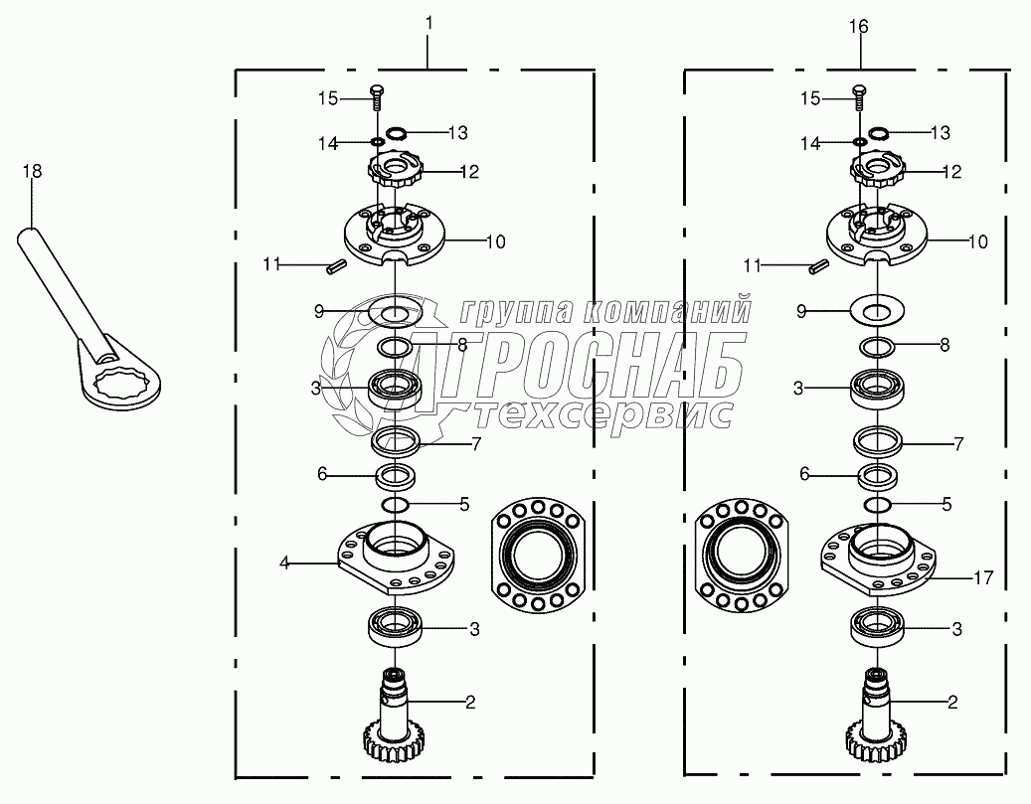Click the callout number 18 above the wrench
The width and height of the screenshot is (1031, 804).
pos(32,171)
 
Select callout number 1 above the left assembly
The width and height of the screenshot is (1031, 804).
pos(429,24)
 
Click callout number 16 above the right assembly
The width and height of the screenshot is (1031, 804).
pos(859,26)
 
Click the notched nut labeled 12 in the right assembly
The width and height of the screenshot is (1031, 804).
pos(876,168)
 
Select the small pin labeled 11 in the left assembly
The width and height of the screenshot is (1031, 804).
pos(337,267)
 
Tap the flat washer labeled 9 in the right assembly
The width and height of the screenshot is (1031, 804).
pos(877,309)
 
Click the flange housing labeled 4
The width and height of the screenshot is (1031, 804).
pos(396,558)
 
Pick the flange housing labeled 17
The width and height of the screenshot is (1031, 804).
pos(879,558)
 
